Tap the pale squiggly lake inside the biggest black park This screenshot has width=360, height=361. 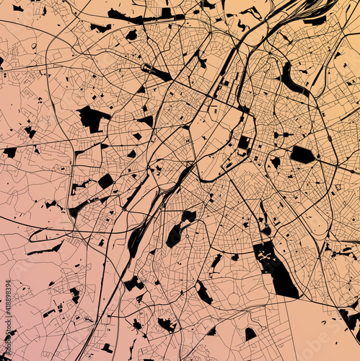[x=268, y=256]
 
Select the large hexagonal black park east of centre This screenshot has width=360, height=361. [x=302, y=155]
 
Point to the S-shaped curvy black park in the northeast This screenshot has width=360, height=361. [x=291, y=79]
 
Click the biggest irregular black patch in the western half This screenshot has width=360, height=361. [x=92, y=118]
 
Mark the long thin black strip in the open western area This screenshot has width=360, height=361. [x=45, y=250]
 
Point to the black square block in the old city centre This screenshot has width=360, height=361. [x=244, y=143]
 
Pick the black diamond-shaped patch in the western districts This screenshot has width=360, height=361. [x=106, y=180]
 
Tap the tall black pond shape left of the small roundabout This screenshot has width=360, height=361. [x=174, y=235]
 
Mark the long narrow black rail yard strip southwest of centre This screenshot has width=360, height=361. [x=137, y=238]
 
